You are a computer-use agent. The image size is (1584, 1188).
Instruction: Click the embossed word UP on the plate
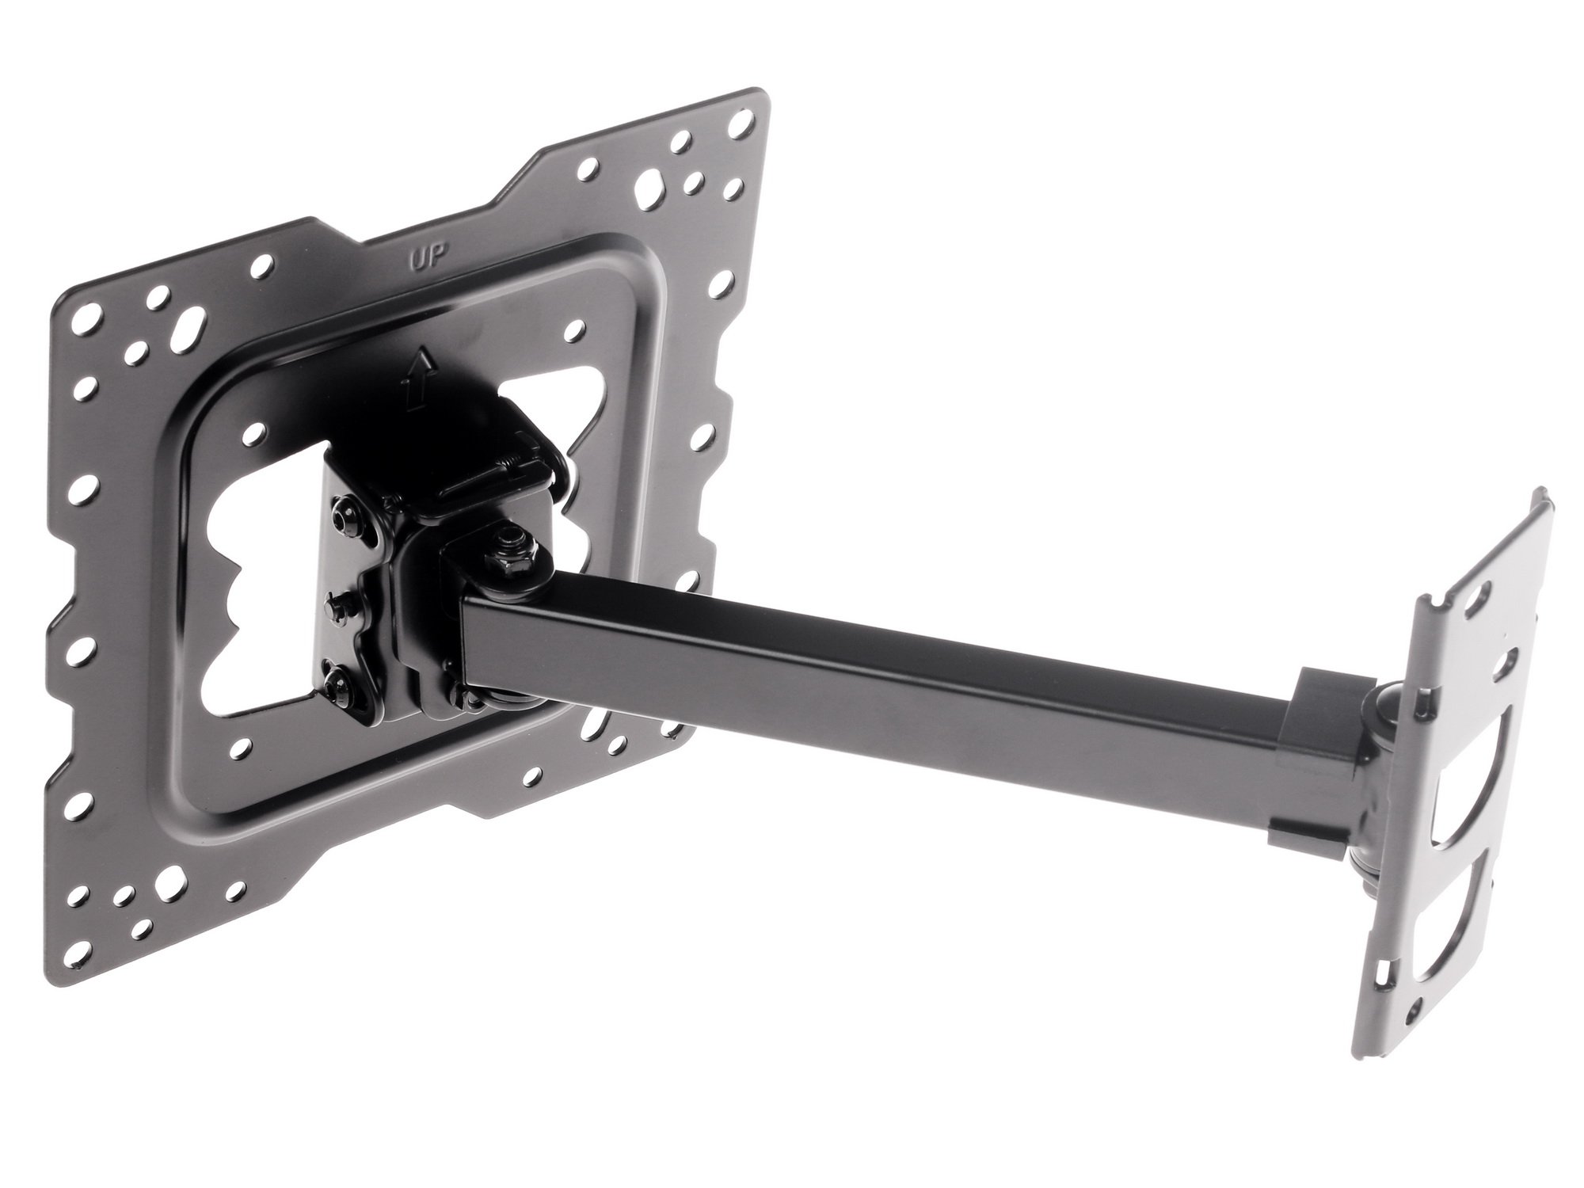pos(428,257)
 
